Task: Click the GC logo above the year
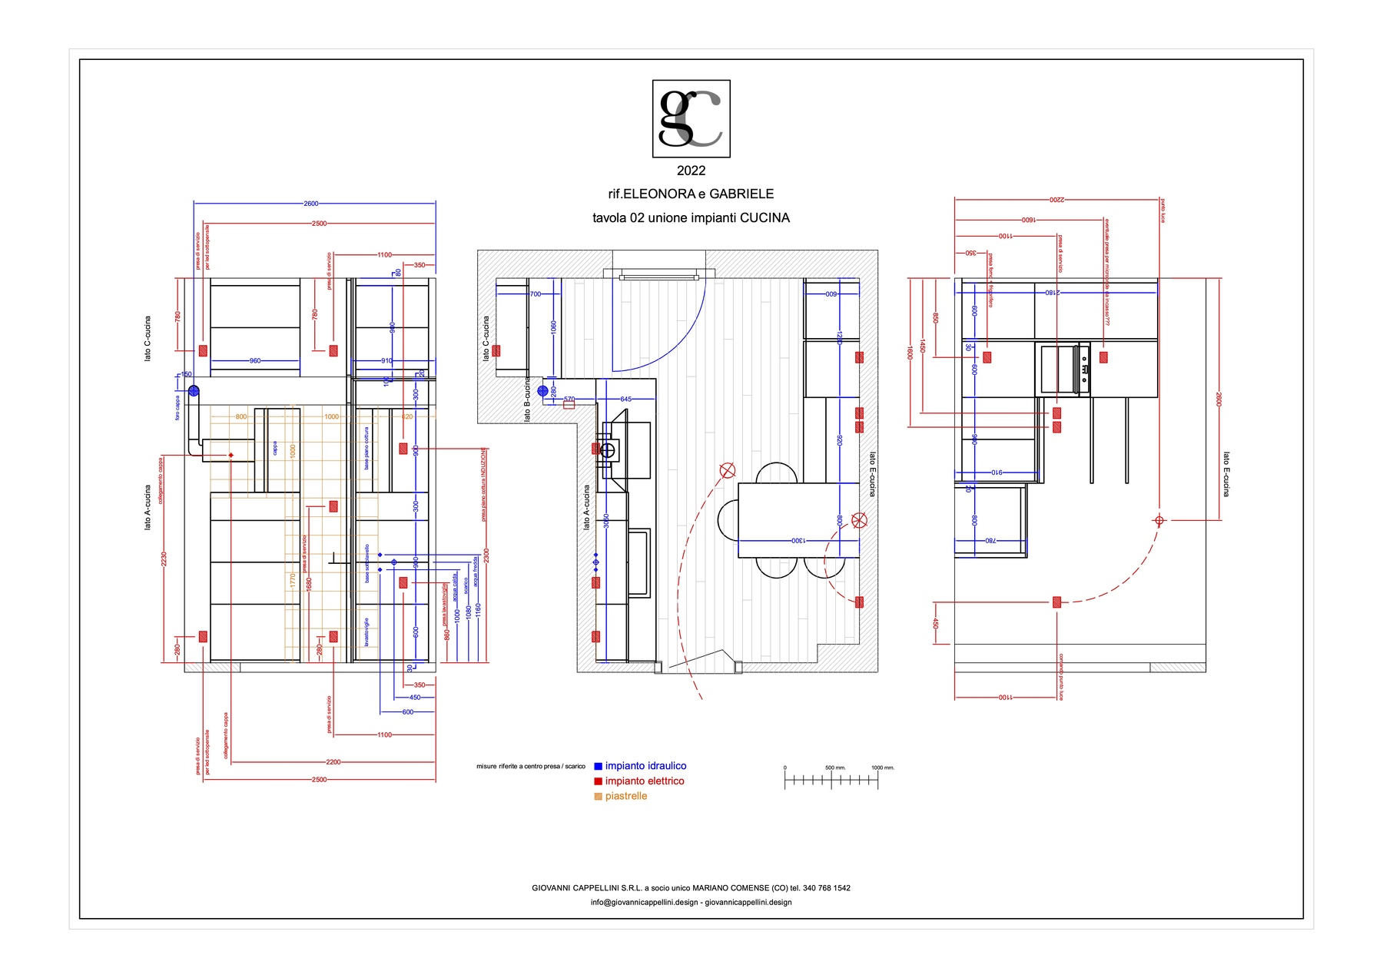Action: click(691, 119)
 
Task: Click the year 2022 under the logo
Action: click(691, 171)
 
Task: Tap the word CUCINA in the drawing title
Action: click(764, 218)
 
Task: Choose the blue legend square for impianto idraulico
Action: click(598, 767)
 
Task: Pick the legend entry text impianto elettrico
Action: click(644, 781)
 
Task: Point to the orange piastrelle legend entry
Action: click(625, 797)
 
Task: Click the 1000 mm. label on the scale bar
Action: click(882, 767)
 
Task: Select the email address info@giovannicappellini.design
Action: click(644, 903)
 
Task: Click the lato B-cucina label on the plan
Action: click(527, 399)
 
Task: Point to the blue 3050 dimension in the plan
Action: click(605, 520)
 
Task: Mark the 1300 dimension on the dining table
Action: click(798, 541)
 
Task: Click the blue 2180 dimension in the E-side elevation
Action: click(1052, 293)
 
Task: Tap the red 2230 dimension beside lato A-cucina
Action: click(164, 559)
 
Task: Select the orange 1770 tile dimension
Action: click(293, 581)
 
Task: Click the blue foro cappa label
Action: click(177, 408)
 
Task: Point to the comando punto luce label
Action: click(1061, 677)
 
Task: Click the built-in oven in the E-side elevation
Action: click(1059, 370)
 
